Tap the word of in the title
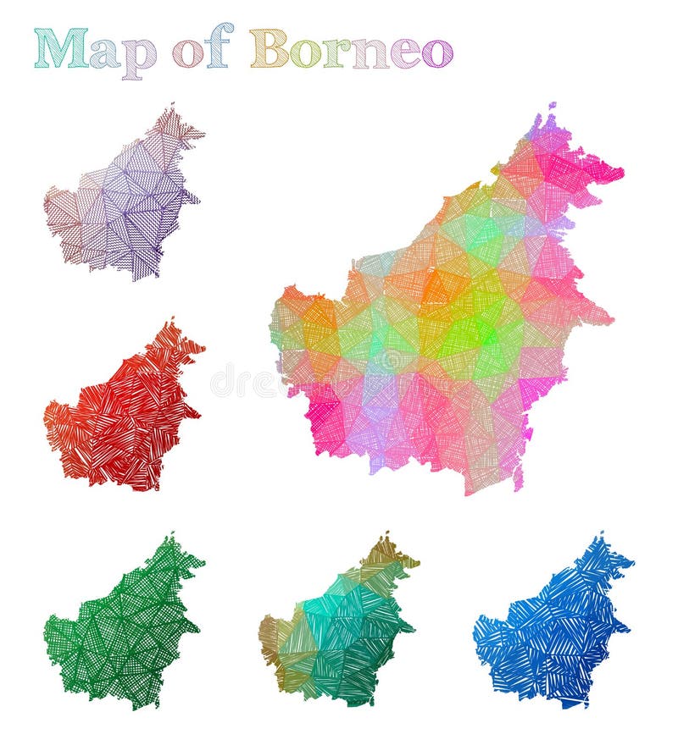[203, 49]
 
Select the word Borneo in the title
[351, 48]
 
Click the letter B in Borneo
[269, 48]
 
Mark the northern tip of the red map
[172, 323]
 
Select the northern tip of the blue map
[601, 537]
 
